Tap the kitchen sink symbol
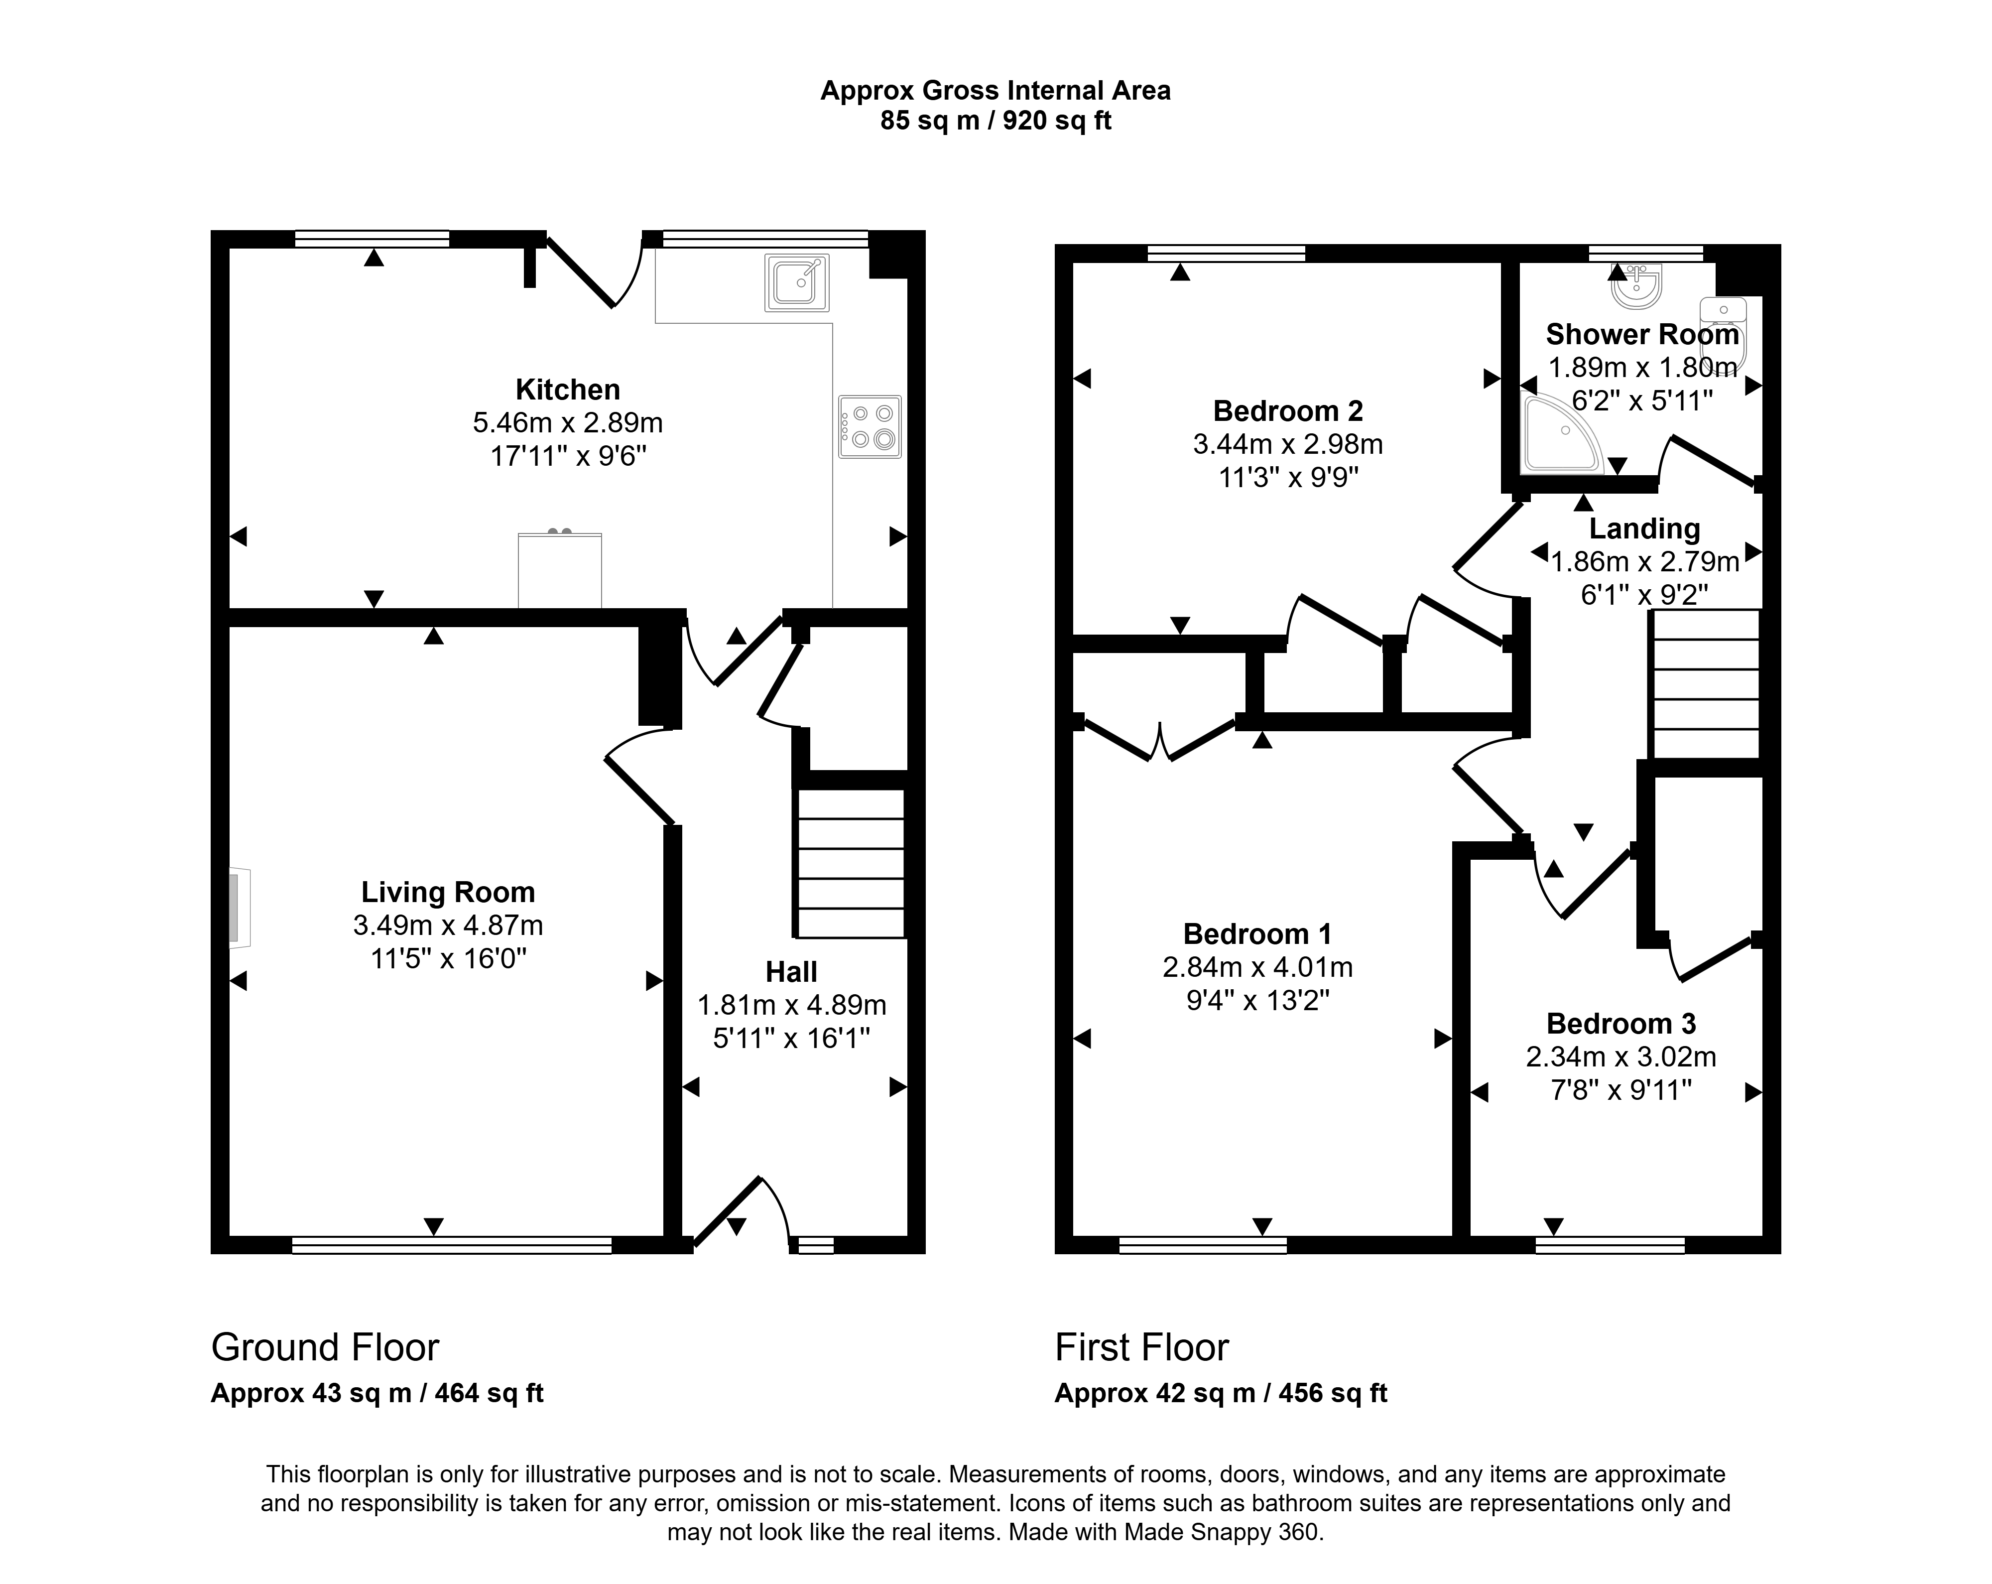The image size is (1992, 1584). [x=796, y=283]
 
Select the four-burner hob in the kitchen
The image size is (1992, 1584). [x=870, y=427]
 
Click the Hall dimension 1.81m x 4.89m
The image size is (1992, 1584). [x=792, y=1006]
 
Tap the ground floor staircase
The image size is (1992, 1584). [x=850, y=863]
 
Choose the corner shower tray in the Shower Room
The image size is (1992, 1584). [x=1561, y=432]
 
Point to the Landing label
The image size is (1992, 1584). [x=1644, y=528]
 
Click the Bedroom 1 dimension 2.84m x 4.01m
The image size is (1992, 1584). [x=1257, y=968]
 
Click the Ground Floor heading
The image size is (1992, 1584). [x=325, y=1347]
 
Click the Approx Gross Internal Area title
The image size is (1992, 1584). [x=996, y=91]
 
